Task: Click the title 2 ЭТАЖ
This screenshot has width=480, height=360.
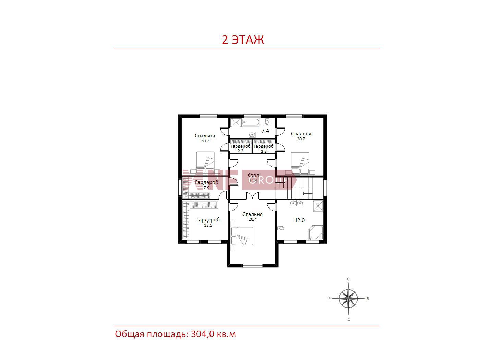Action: point(243,40)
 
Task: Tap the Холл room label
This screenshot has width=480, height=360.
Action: point(253,175)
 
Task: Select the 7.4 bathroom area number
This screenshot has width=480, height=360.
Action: point(265,131)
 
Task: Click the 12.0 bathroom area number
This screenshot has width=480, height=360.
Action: point(300,220)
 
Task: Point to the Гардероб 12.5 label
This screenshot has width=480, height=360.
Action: point(208,222)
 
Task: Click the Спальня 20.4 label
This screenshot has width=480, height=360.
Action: point(252,216)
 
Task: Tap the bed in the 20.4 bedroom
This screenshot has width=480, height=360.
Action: point(242,236)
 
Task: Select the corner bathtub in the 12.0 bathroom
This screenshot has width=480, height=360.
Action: point(315,232)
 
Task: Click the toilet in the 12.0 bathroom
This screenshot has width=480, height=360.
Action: point(280,228)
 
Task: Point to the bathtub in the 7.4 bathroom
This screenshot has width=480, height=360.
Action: point(251,122)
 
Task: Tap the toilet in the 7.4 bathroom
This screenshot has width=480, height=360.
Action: point(267,121)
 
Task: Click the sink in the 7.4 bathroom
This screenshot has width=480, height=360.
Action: point(252,135)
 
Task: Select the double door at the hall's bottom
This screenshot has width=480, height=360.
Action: point(253,196)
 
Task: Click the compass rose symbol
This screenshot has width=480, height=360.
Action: point(348,298)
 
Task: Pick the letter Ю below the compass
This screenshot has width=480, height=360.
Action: point(348,319)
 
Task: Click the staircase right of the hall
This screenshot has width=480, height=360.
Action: point(299,188)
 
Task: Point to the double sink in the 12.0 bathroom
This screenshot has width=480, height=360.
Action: point(297,203)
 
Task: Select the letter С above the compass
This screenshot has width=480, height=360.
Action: point(348,279)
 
